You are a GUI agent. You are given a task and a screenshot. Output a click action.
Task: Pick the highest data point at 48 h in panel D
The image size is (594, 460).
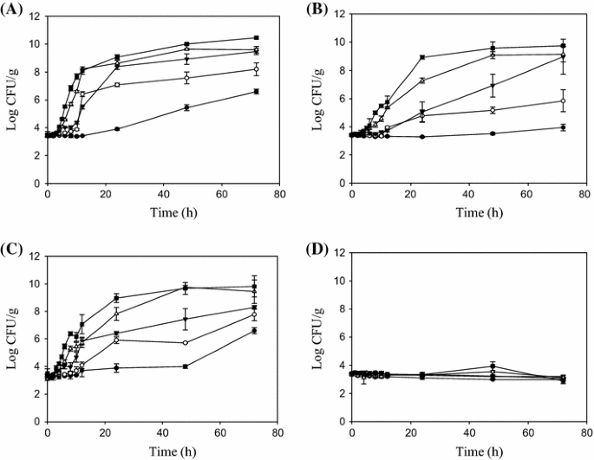[492, 366]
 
